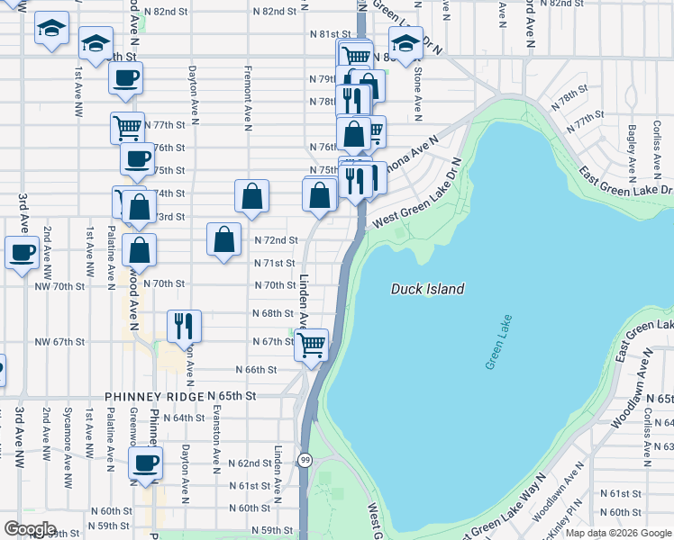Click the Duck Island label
[427, 289]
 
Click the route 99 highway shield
[305, 461]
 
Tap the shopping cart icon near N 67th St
[312, 344]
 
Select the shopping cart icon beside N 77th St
[128, 127]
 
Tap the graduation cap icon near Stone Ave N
[405, 42]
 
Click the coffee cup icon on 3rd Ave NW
[22, 252]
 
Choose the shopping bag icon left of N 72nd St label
[223, 239]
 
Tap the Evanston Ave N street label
[216, 436]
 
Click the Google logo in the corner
[31, 529]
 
